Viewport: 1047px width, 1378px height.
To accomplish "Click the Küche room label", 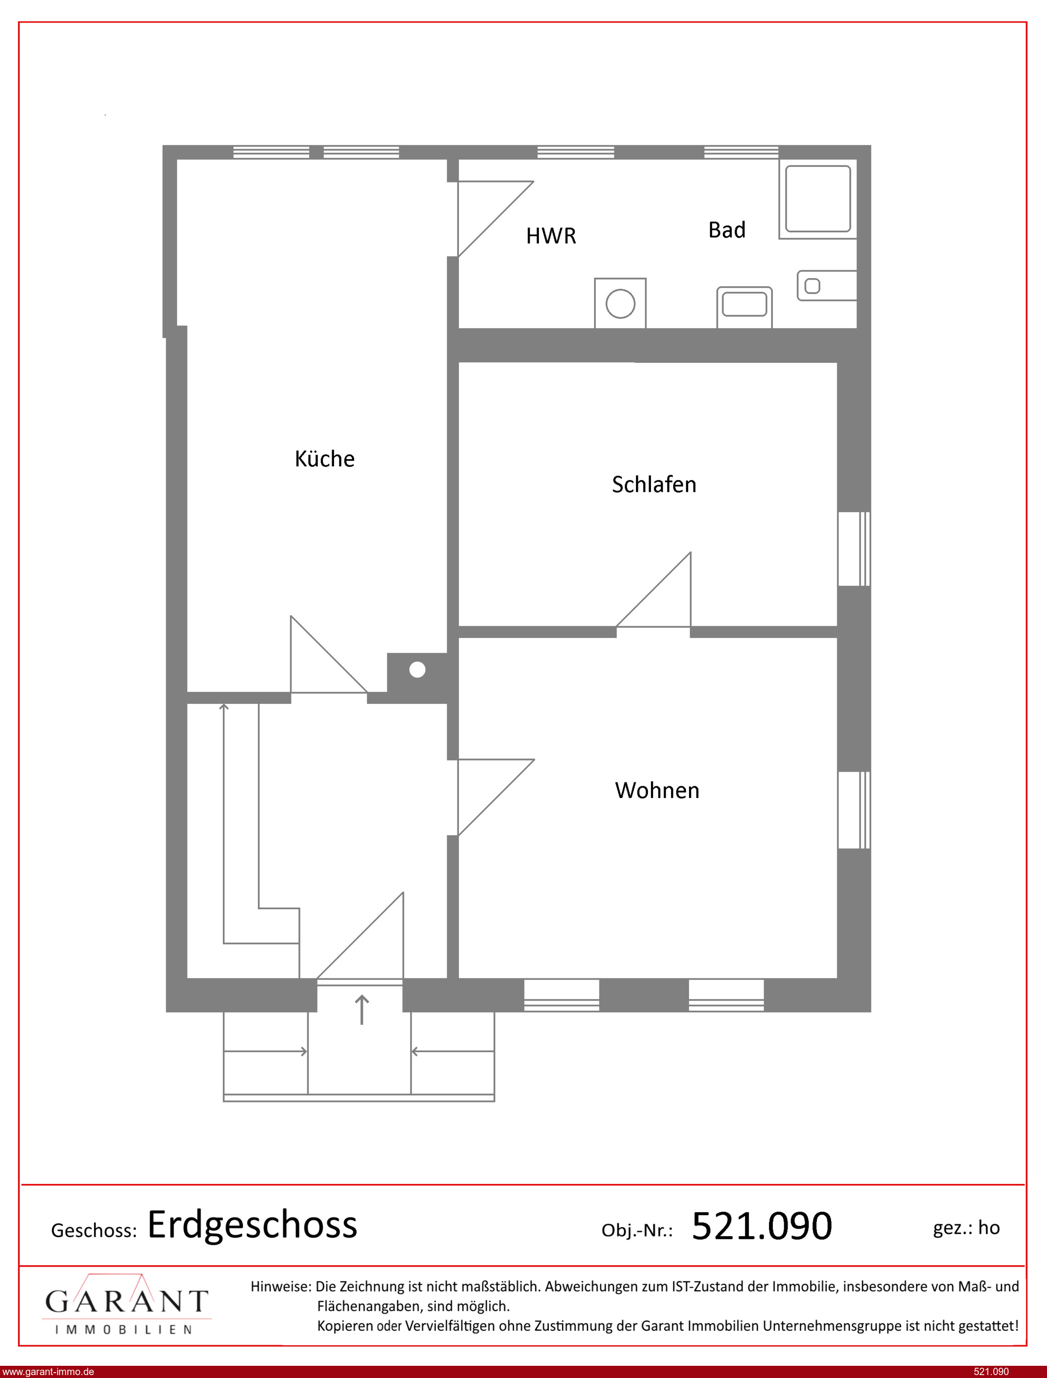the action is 324,458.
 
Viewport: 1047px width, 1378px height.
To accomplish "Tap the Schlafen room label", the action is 654,484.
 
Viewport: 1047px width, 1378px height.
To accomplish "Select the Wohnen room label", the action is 657,790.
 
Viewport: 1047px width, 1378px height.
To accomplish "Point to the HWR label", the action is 551,236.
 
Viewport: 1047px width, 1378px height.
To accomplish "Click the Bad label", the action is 727,230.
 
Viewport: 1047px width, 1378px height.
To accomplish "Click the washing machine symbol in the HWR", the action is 620,303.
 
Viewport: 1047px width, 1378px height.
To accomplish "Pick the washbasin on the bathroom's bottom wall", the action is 744,307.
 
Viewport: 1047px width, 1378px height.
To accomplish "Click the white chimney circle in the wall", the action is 417,670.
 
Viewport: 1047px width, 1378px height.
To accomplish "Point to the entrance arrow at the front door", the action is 361,1010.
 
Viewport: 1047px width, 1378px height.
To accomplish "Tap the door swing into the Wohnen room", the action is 496,797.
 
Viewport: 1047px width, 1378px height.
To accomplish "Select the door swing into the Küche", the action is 328,655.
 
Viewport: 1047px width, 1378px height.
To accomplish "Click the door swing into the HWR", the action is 495,219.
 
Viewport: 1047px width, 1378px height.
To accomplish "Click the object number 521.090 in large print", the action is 762,1226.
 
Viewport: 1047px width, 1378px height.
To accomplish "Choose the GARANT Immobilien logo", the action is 126,1304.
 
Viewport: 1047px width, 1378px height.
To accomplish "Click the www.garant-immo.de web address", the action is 48,1372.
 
